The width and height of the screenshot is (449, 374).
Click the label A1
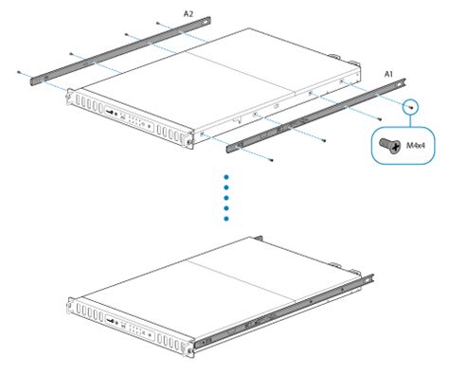pos(387,72)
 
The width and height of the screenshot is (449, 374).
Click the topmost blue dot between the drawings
pos(226,176)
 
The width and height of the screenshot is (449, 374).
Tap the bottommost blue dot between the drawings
pos(226,219)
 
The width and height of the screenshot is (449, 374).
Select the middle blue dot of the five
pos(226,197)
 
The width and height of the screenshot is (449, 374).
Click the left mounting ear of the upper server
pos(71,96)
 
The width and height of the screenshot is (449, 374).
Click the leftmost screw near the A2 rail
pos(21,71)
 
